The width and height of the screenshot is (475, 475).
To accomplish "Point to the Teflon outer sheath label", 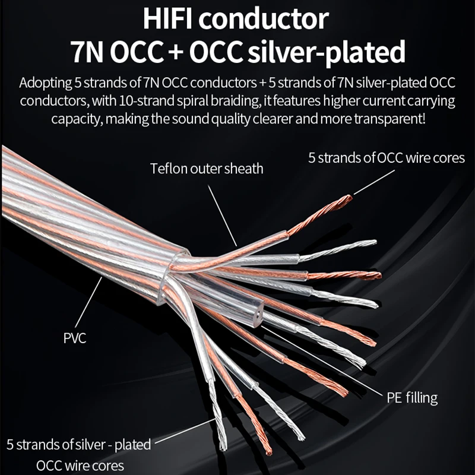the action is click(206, 169).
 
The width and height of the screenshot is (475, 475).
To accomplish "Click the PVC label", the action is click(75, 339).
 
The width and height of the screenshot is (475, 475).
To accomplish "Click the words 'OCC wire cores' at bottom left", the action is click(81, 464).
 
